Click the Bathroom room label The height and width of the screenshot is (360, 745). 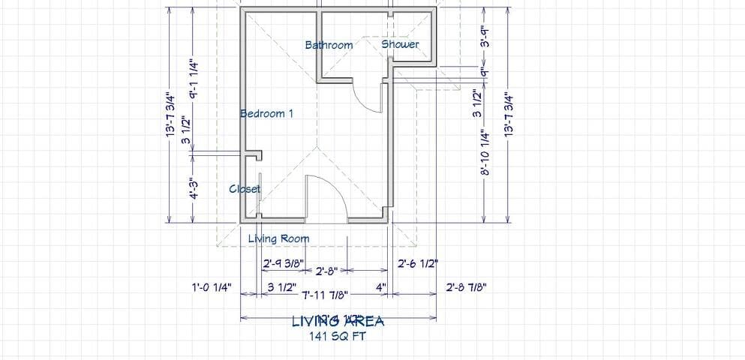tap(329, 45)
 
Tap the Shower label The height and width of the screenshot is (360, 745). tap(400, 44)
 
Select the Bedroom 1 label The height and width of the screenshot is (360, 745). tap(266, 113)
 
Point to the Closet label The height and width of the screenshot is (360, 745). tap(245, 189)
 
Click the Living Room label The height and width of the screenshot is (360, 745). tap(278, 238)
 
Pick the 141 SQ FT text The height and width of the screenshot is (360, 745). tap(338, 336)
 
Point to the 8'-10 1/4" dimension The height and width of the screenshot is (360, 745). tap(485, 153)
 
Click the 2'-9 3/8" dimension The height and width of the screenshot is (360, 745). tap(283, 263)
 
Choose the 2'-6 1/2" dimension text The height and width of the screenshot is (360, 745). tap(418, 263)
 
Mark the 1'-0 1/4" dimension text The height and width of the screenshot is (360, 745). tap(212, 286)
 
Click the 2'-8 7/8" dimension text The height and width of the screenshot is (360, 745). tap(467, 286)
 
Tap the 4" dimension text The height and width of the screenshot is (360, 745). tap(380, 286)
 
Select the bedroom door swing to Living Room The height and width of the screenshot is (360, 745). tap(327, 196)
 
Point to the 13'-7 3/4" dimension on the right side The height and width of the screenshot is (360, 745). tap(510, 115)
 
